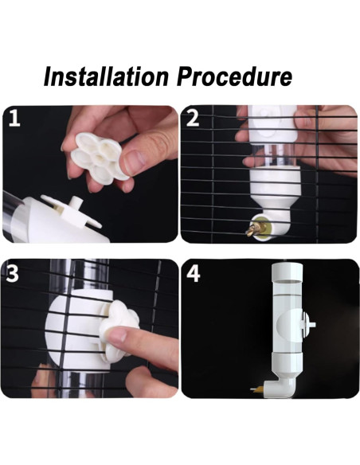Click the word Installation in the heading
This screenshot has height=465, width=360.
click(106, 77)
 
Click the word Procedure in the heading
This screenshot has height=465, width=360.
click(235, 77)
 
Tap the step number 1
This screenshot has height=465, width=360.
click(14, 118)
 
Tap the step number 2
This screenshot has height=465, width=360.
click(193, 118)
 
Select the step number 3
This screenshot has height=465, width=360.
click(13, 273)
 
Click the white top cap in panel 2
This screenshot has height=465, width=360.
click(272, 123)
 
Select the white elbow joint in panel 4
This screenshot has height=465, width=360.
click(280, 387)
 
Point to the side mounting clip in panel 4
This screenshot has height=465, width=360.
click(307, 325)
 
